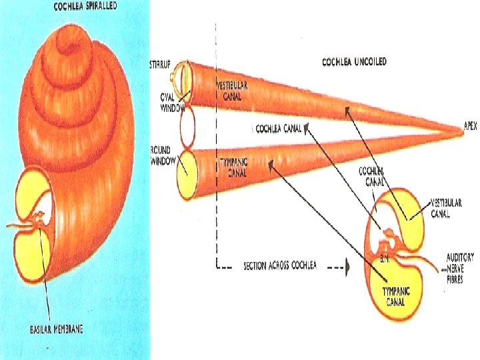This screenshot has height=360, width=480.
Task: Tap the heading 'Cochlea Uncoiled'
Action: coord(354,62)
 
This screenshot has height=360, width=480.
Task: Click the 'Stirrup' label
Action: coord(159,65)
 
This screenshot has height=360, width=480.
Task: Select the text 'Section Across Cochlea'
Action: coord(280,265)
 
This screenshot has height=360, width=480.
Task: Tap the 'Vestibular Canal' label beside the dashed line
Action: coord(233,91)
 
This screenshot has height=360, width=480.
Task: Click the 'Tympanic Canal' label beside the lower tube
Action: coord(233,167)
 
